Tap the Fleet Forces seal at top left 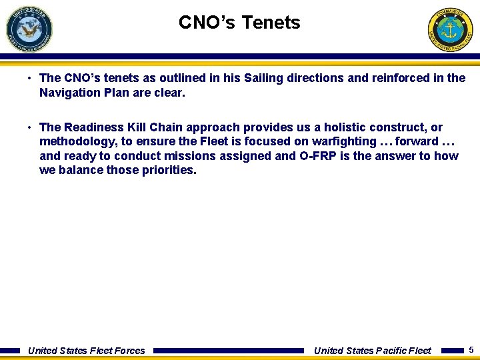pyautogui.click(x=29, y=28)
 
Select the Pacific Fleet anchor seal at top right pyautogui.click(x=450, y=29)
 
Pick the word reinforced pyautogui.click(x=399, y=78)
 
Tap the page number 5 pyautogui.click(x=471, y=350)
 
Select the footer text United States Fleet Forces pyautogui.click(x=86, y=351)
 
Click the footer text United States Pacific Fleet pyautogui.click(x=372, y=351)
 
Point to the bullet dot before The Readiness pyautogui.click(x=31, y=127)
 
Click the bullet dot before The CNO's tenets pyautogui.click(x=31, y=78)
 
